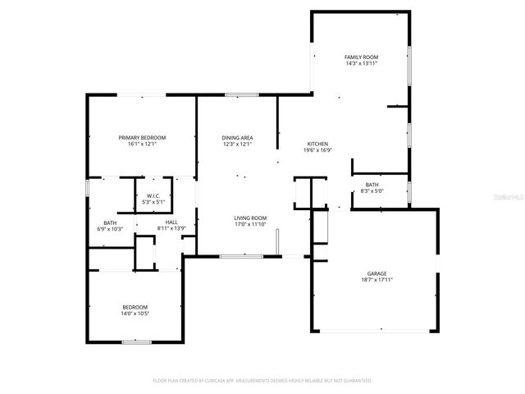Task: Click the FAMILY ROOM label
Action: tap(361, 57)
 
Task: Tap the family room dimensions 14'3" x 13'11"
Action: tap(361, 63)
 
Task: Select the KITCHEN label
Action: tap(317, 144)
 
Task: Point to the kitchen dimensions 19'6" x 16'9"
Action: tap(317, 150)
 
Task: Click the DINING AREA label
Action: tap(237, 137)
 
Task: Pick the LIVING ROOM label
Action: tap(250, 217)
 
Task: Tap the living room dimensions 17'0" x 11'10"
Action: tap(250, 223)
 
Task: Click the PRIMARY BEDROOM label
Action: tap(142, 137)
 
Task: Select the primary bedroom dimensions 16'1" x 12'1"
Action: tap(142, 144)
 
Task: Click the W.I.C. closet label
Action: tap(153, 195)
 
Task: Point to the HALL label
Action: tap(171, 222)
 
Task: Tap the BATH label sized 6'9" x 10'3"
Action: tap(110, 222)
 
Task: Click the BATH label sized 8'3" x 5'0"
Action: tap(372, 185)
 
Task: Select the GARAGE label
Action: tap(377, 273)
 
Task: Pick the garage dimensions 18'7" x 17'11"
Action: tap(377, 280)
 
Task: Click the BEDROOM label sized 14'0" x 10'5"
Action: tap(135, 306)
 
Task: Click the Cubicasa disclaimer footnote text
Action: tap(262, 381)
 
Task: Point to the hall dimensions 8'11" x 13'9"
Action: tap(171, 228)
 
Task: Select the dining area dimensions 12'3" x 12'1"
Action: tap(237, 144)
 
